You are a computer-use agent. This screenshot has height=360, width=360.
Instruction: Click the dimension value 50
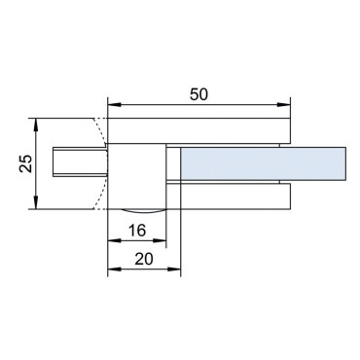(198, 94)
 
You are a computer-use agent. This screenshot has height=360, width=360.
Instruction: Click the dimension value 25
(26, 163)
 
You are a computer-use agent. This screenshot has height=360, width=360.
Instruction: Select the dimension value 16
(137, 231)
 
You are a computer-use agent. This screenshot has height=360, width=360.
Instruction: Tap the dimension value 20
(144, 259)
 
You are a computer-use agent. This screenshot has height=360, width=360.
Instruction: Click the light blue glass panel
(264, 163)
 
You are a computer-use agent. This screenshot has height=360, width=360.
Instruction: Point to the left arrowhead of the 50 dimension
(114, 105)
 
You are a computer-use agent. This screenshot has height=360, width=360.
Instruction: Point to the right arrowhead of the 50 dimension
(283, 105)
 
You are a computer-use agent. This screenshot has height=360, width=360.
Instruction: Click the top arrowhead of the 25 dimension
(36, 125)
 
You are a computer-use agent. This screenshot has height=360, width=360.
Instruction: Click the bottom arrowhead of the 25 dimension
(36, 202)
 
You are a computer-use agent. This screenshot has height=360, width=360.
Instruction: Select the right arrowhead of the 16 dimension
(160, 240)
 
